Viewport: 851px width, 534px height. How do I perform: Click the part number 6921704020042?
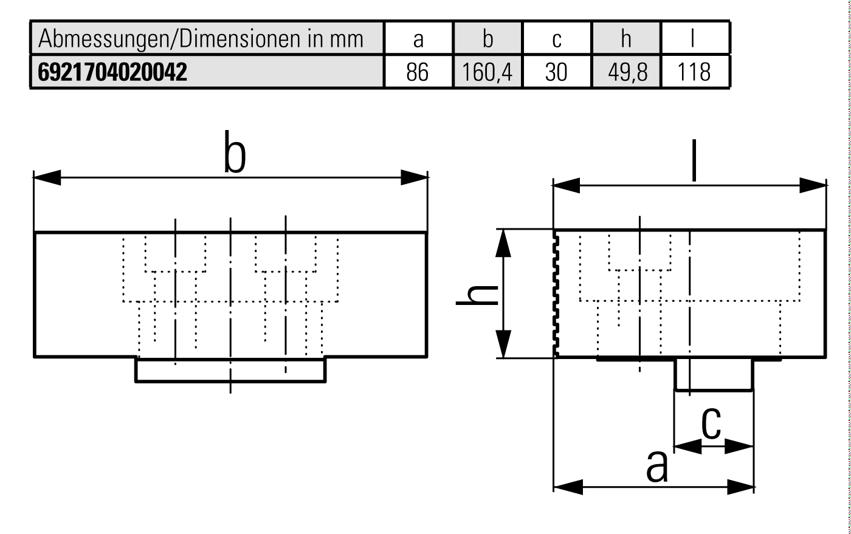coord(112,72)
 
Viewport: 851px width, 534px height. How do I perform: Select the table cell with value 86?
coord(418,72)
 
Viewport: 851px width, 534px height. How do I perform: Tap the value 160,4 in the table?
coord(487,72)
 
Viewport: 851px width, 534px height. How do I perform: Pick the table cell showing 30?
coord(556,72)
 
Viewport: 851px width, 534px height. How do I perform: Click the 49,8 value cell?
coord(626,72)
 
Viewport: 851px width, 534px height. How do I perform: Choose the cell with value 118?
coord(695,72)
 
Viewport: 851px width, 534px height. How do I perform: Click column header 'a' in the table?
coord(418,39)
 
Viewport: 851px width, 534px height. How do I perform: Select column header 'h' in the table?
coord(626,39)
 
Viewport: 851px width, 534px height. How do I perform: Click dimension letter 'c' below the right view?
coord(711,423)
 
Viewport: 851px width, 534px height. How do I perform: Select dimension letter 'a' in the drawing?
coord(656,467)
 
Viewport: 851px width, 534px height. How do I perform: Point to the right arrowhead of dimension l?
coord(813,185)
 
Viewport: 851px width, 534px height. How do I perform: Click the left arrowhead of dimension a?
coord(568,487)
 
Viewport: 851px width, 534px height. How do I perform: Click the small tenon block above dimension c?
coord(714,374)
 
